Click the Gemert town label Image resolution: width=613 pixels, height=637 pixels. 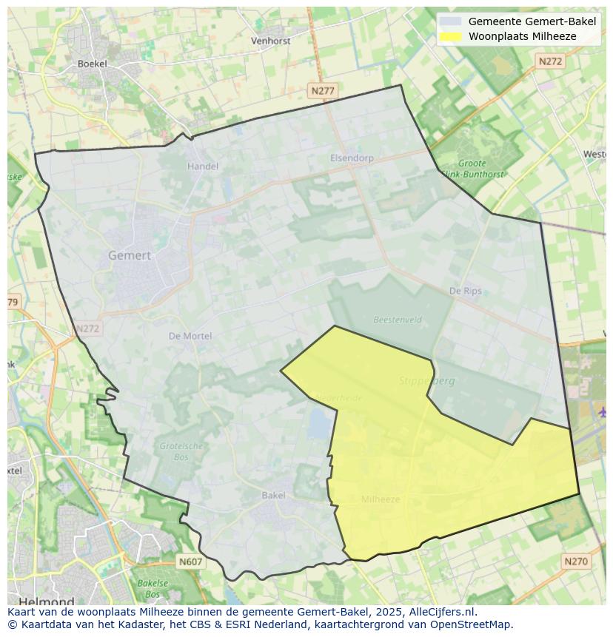[130, 255]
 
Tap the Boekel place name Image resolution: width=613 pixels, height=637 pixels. [93, 64]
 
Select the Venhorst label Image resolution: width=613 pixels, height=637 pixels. [270, 41]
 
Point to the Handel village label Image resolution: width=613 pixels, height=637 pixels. [202, 166]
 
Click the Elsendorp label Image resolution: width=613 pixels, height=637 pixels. [352, 158]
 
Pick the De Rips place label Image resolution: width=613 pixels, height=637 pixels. [465, 291]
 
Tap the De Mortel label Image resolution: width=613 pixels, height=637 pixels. [190, 336]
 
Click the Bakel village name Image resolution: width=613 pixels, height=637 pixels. [273, 495]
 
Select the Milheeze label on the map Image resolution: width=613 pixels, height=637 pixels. [381, 499]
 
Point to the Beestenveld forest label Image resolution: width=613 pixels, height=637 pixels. [398, 320]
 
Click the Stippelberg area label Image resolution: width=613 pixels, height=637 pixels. [427, 381]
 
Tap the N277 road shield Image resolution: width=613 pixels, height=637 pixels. [323, 91]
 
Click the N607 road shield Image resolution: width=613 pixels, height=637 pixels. [190, 562]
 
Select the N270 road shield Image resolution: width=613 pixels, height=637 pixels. [575, 562]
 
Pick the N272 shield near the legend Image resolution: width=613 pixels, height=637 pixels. [550, 62]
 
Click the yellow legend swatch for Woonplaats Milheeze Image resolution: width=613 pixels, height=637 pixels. [450, 36]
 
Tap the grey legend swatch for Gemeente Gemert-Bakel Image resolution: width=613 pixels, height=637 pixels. [450, 21]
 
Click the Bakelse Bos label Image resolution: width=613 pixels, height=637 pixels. [153, 588]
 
